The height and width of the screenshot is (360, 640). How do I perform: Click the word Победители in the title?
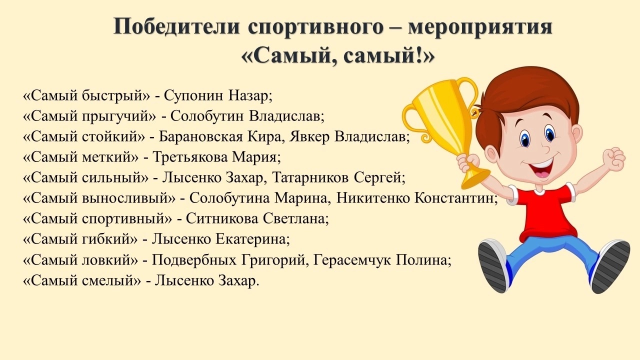coord(176,26)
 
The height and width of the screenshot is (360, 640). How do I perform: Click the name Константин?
coord(454,197)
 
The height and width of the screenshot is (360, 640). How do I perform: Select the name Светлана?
coord(294,218)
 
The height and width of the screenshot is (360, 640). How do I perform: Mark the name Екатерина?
coord(250,239)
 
